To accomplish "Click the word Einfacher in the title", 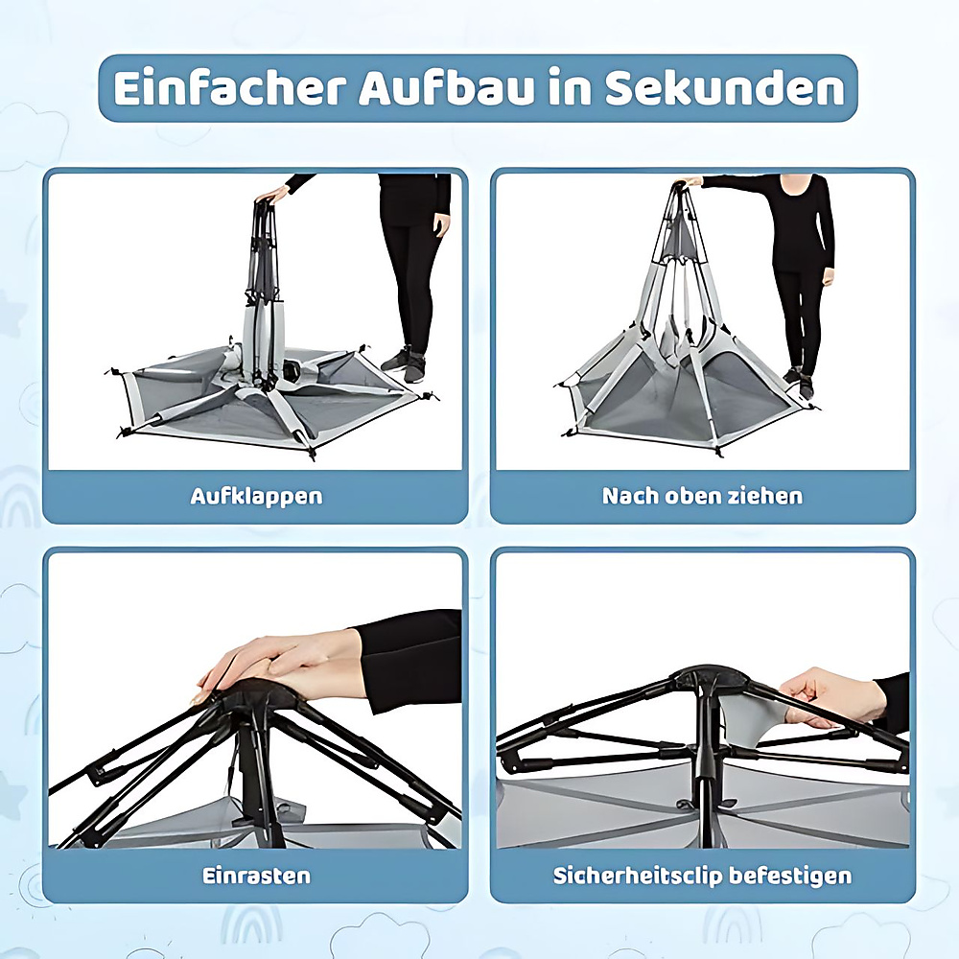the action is click(x=230, y=88).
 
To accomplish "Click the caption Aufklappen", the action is click(x=256, y=496).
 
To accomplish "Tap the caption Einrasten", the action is click(x=256, y=876).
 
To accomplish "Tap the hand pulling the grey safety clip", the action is click(x=831, y=696).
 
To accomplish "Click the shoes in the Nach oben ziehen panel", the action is click(x=798, y=382).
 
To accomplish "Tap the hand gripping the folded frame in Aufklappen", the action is click(x=272, y=195).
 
